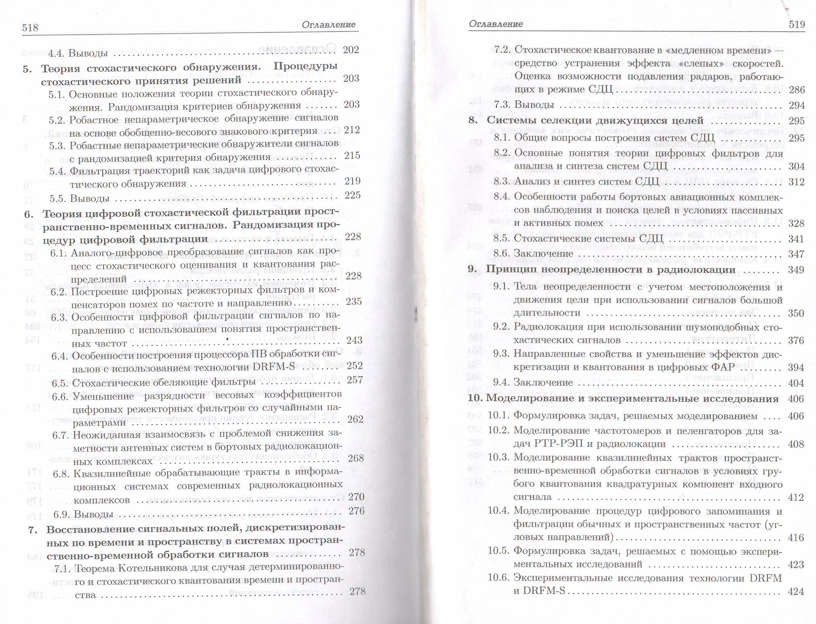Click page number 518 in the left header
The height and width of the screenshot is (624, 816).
pyautogui.click(x=30, y=28)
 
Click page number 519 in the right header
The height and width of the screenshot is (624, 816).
pyautogui.click(x=797, y=25)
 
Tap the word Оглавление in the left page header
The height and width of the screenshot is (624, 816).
pyautogui.click(x=328, y=25)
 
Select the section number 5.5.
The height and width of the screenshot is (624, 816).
pyautogui.click(x=58, y=199)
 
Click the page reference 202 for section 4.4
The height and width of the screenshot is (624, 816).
pyautogui.click(x=351, y=50)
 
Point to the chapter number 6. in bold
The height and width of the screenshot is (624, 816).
pyautogui.click(x=29, y=214)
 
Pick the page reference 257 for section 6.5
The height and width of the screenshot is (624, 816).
pyautogui.click(x=354, y=380)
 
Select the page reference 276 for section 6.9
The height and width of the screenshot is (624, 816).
pyautogui.click(x=356, y=511)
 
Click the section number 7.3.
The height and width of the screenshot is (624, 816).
pyautogui.click(x=502, y=105)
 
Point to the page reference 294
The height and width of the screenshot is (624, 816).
pyautogui.click(x=797, y=105)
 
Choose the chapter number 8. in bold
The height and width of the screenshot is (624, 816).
pyautogui.click(x=473, y=120)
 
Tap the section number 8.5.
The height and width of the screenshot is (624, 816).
pyautogui.click(x=502, y=238)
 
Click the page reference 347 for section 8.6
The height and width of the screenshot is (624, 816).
pyautogui.click(x=796, y=254)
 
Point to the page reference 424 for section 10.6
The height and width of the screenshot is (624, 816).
pyautogui.click(x=796, y=592)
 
